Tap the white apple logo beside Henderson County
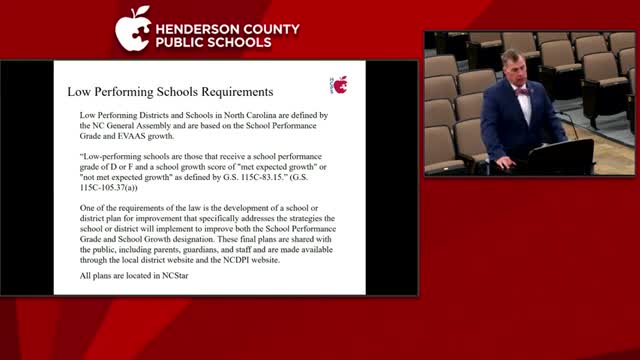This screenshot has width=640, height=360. tap(132, 29)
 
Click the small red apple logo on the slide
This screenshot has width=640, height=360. tap(340, 84)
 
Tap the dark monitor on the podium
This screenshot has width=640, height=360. tap(560, 156)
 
